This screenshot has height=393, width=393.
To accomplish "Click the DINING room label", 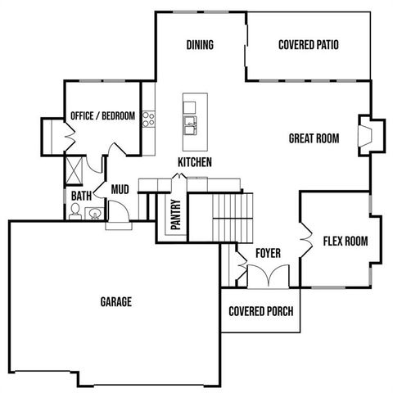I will [200, 45].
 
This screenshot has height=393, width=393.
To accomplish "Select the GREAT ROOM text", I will [314, 138].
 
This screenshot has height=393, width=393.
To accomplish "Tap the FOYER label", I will [268, 254].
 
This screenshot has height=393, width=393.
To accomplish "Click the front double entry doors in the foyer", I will [267, 278].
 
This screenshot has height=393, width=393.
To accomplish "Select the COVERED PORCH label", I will [260, 311].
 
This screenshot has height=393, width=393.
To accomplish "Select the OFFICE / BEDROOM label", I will [102, 115].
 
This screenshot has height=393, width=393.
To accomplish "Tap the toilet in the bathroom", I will [75, 212].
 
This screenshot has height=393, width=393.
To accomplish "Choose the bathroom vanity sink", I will [93, 215].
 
